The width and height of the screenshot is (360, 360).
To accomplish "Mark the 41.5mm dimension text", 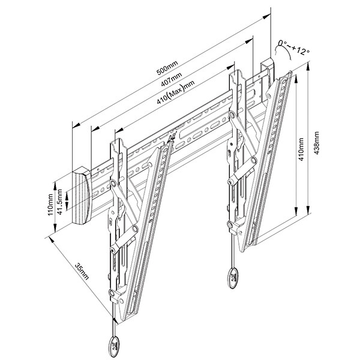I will tap(60, 199).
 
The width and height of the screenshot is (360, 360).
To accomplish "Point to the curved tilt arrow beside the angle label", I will tap(283, 52).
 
